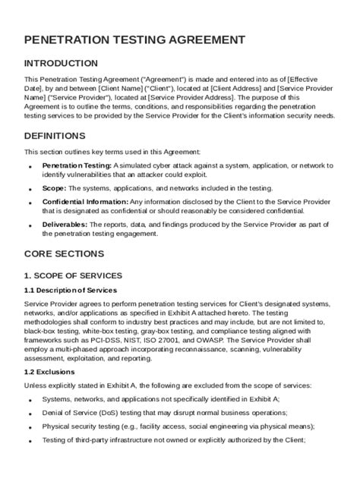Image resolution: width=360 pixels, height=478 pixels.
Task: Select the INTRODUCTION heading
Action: (x=61, y=63)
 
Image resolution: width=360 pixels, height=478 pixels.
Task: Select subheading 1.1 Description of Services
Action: (x=71, y=289)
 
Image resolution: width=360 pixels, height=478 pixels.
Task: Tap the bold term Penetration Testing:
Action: (x=77, y=165)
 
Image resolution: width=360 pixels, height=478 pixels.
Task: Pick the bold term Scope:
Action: (x=55, y=187)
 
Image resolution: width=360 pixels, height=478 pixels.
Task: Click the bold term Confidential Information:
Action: (x=85, y=202)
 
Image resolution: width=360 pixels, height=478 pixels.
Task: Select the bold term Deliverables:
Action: (x=65, y=225)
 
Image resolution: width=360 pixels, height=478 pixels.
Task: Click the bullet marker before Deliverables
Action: (x=30, y=225)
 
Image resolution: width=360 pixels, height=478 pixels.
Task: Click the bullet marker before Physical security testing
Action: (x=30, y=427)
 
